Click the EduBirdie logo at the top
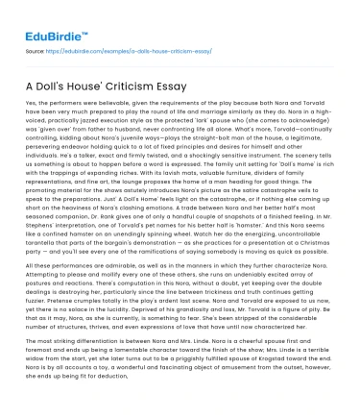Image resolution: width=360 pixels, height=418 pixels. (x=44, y=13)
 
